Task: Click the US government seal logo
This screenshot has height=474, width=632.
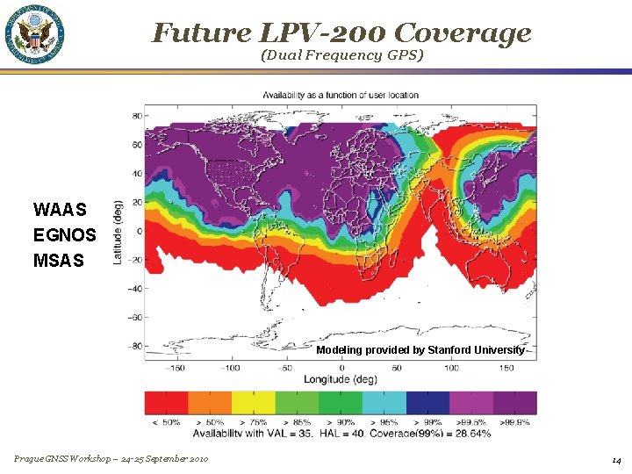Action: click(36, 35)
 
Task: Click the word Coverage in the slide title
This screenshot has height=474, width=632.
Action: click(462, 32)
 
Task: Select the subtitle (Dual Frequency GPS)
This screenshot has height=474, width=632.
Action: click(341, 55)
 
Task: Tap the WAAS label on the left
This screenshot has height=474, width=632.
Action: click(60, 210)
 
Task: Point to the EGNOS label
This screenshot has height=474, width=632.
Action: click(64, 235)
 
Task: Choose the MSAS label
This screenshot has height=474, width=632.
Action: click(59, 260)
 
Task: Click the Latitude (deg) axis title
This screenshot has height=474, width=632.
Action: click(118, 230)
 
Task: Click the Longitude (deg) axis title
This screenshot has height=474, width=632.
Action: click(341, 379)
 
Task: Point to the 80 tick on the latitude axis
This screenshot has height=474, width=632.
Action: click(137, 116)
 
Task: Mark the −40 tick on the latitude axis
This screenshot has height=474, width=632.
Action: click(135, 289)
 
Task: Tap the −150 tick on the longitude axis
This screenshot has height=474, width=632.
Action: click(176, 367)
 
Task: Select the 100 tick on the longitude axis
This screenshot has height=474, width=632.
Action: click(449, 367)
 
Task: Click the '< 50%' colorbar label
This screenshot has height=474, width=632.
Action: click(166, 422)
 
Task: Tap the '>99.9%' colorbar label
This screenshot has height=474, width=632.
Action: click(515, 422)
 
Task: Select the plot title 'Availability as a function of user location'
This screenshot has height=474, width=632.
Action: click(341, 95)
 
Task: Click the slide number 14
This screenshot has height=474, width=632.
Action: click(616, 460)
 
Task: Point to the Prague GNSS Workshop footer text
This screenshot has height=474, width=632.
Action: click(111, 460)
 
